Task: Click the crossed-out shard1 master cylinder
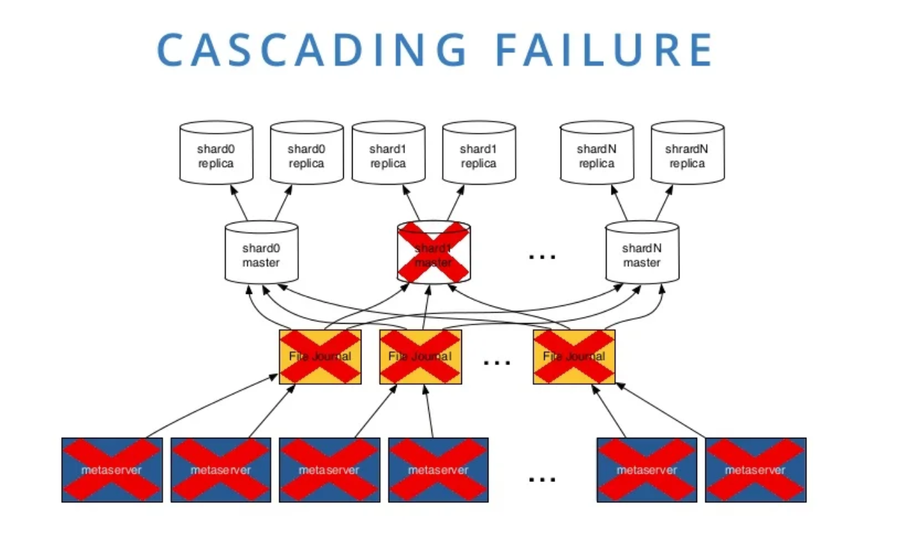[x=433, y=252]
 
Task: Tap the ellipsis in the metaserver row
[x=542, y=479]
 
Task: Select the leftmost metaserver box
[x=112, y=470]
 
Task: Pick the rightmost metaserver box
[x=756, y=470]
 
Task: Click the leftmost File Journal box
[x=320, y=356]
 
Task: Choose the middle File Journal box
[x=420, y=356]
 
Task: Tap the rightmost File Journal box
[x=574, y=356]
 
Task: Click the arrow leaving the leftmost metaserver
[x=214, y=406]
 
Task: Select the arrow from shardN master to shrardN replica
[x=664, y=202]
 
